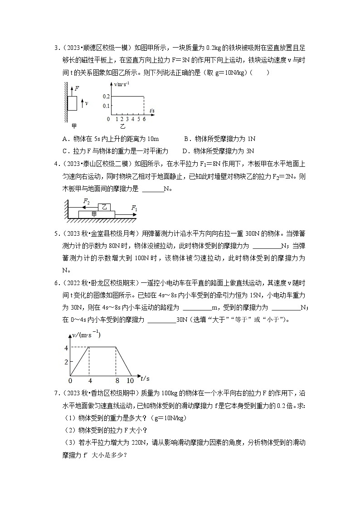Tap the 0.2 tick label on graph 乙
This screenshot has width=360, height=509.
(106, 97)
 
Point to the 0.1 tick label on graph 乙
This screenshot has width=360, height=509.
(106, 106)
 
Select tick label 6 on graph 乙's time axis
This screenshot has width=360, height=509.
(144, 119)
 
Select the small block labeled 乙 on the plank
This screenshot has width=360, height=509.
(104, 207)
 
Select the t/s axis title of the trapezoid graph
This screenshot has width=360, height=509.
(145, 378)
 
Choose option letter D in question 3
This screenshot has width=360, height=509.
(185, 151)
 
